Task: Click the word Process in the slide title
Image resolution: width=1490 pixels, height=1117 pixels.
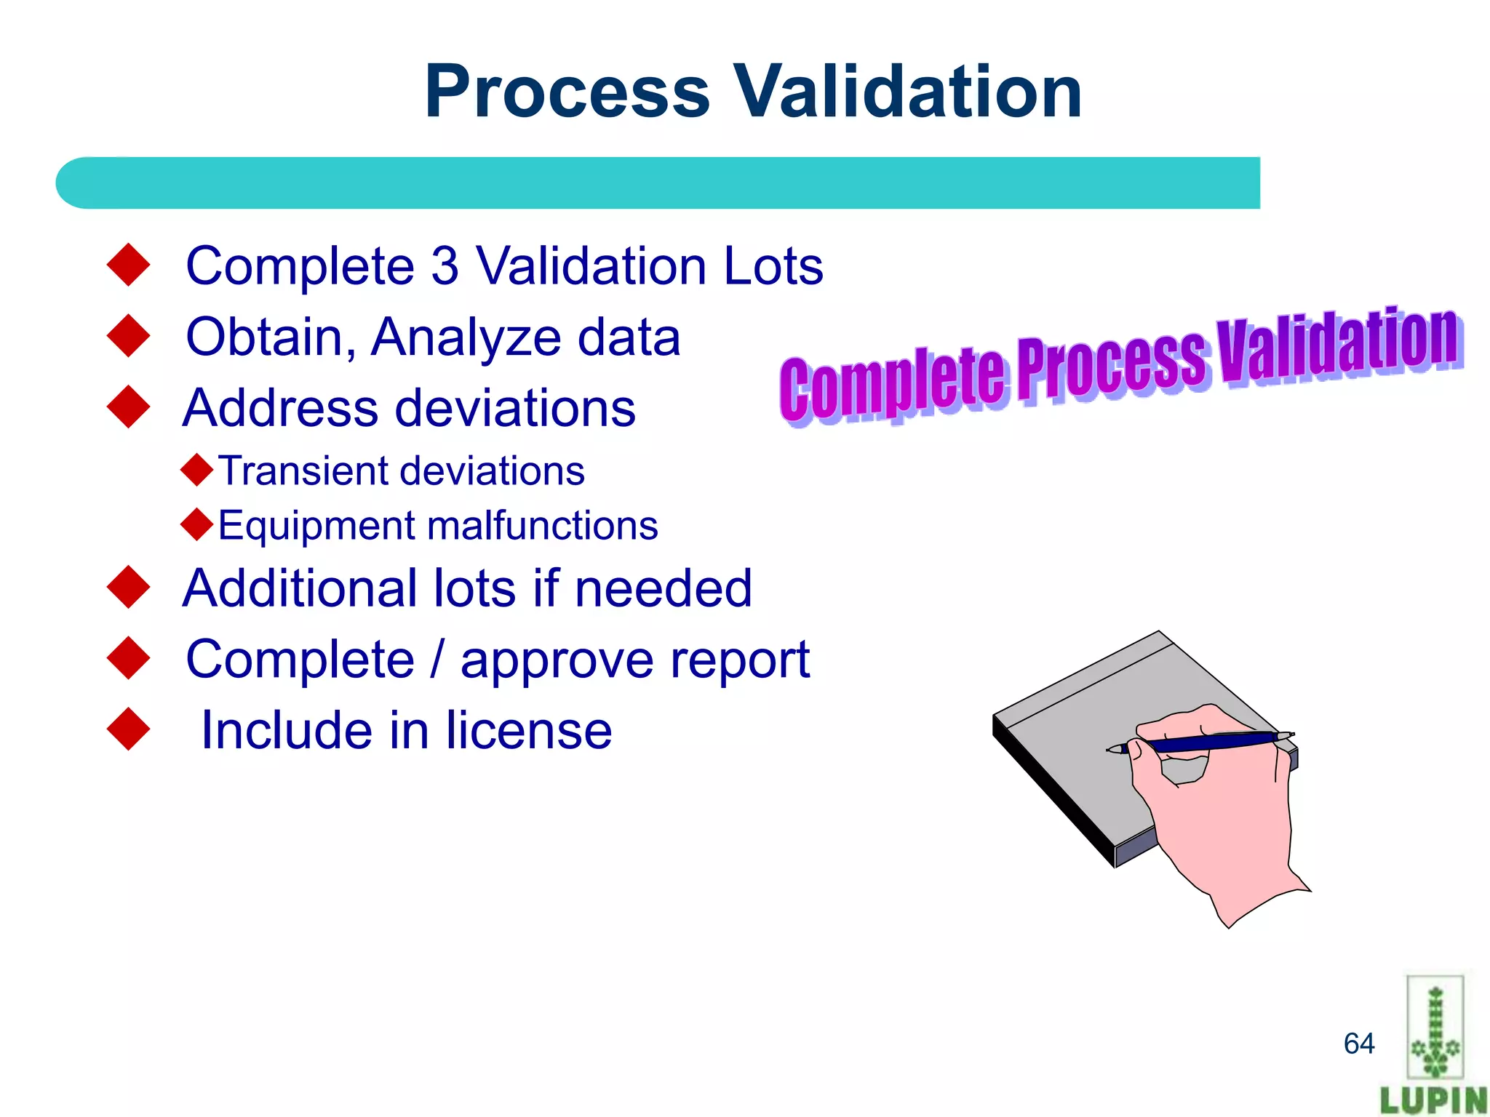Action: point(567,92)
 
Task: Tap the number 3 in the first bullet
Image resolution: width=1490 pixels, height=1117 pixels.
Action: point(445,266)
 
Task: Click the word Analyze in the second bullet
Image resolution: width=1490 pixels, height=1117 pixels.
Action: point(466,337)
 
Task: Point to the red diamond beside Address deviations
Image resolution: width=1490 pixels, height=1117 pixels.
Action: point(128,407)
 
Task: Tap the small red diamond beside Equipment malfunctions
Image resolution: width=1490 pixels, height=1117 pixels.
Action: point(196,524)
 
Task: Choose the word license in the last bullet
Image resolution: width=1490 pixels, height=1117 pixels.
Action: point(529,730)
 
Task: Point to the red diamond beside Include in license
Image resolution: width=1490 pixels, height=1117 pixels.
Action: point(128,729)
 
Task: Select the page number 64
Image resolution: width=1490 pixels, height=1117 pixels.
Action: point(1358,1044)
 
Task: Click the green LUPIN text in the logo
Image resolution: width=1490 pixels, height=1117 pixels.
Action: point(1433,1099)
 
